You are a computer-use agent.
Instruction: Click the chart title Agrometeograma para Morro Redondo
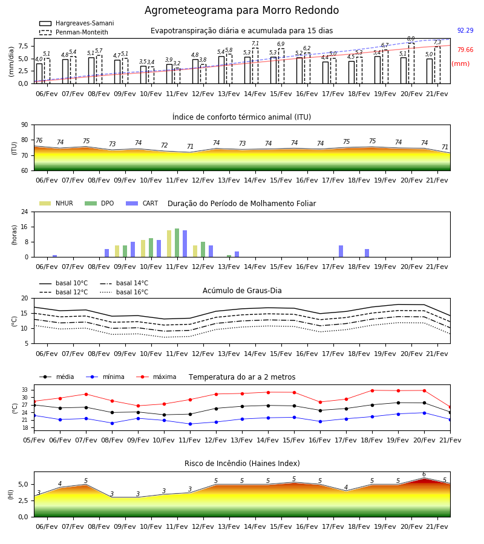(241, 10)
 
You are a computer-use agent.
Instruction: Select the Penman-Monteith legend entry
(74, 32)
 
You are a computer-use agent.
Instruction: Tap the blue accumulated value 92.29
(465, 30)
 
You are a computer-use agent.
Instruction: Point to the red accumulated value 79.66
(465, 50)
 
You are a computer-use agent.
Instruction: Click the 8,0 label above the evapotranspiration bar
(411, 39)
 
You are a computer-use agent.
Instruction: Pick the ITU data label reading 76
(39, 140)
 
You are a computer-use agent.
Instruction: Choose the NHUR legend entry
(56, 203)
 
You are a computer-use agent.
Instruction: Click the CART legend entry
(142, 203)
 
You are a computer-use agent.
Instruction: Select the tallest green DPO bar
(177, 243)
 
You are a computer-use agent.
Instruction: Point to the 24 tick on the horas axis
(25, 212)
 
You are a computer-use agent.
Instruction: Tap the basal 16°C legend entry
(124, 292)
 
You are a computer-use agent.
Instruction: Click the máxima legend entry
(156, 377)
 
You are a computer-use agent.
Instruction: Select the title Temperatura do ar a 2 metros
(242, 377)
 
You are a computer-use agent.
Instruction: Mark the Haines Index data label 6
(424, 474)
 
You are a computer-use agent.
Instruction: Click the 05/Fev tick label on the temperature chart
(34, 440)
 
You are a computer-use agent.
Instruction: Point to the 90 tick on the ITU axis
(25, 125)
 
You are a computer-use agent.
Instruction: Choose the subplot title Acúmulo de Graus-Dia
(242, 290)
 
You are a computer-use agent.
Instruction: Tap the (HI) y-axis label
(11, 494)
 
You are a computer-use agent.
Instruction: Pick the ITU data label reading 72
(164, 145)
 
